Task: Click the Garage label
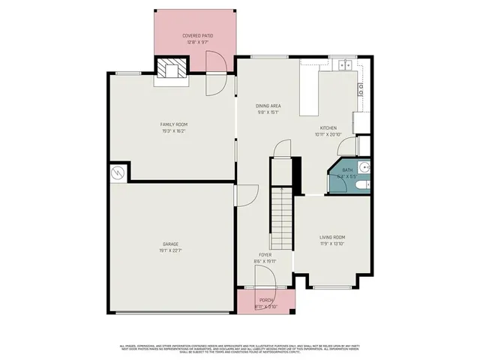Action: (171, 244)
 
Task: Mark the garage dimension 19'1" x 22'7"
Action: (171, 250)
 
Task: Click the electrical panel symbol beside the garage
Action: (117, 172)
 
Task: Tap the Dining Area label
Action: (247, 106)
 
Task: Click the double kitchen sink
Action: (344, 66)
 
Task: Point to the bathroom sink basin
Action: (364, 167)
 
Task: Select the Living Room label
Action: (331, 238)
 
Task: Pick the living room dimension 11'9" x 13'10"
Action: (331, 244)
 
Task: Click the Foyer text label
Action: (265, 255)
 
